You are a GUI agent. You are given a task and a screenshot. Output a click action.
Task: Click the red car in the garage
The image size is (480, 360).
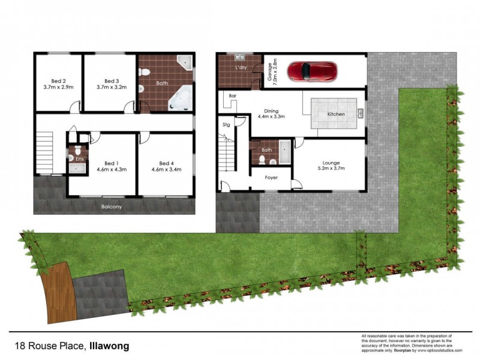[x=313, y=71]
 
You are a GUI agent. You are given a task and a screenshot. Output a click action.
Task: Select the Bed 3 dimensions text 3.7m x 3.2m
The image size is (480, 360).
[x=109, y=88]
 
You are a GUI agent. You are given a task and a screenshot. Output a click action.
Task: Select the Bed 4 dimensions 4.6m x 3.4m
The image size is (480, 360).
[x=166, y=170]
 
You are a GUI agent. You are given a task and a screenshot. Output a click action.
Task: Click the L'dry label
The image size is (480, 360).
[x=241, y=67]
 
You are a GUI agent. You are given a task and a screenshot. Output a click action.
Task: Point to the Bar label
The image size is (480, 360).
[x=231, y=97]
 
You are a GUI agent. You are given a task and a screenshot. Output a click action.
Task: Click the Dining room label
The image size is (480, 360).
[x=272, y=110]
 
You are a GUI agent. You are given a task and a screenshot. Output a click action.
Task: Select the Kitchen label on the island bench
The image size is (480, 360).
[x=335, y=114]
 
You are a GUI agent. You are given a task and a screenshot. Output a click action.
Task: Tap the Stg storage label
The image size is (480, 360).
[x=226, y=125]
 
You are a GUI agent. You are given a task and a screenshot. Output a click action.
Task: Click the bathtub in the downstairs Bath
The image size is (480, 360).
[x=284, y=152]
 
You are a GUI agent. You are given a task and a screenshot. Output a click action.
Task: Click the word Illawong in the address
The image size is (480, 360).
[x=110, y=346]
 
